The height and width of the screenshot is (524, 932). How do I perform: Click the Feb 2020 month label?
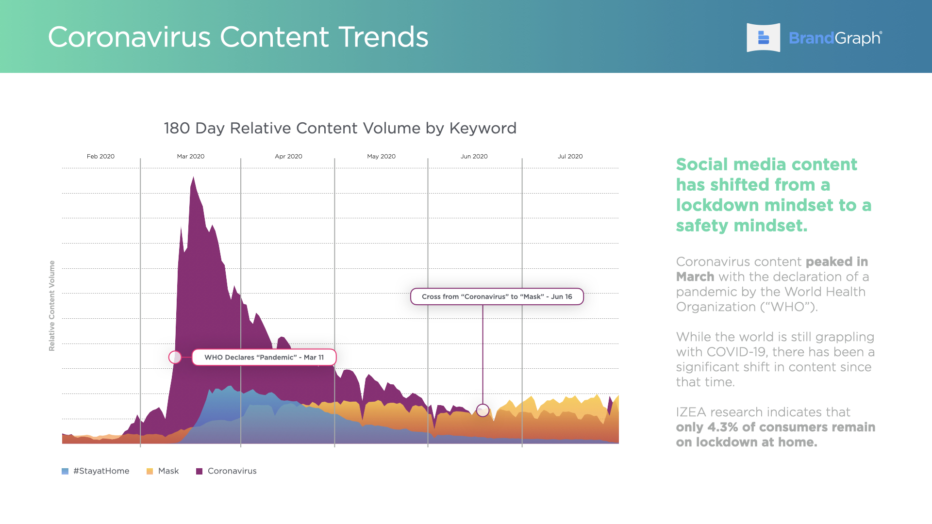coord(100,156)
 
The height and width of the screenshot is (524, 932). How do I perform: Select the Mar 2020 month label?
coord(191,156)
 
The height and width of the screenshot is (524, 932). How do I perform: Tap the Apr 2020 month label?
coord(288,156)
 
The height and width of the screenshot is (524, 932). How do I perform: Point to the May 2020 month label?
coord(381,156)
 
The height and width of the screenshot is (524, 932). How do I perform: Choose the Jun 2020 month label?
coord(474,156)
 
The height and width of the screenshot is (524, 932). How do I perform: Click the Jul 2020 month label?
coord(570,156)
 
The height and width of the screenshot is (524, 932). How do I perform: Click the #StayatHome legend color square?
coord(65,471)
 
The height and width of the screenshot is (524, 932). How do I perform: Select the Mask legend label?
coord(168,471)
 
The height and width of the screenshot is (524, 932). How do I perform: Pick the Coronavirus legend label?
coord(232,471)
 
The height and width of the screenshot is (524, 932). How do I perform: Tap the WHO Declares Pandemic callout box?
coord(264,357)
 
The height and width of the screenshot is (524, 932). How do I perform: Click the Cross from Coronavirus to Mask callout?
coord(497,296)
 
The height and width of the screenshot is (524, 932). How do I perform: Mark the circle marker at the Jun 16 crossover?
coord(483,410)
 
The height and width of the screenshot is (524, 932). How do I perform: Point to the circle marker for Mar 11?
coord(175,357)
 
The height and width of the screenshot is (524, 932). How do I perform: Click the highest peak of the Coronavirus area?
coord(193,177)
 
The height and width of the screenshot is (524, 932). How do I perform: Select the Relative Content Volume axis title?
coord(52,306)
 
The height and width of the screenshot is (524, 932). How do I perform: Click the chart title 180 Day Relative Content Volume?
coord(340,128)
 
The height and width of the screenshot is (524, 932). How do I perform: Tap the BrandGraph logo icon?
coord(763,37)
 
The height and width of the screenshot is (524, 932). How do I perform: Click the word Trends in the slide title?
coord(383,37)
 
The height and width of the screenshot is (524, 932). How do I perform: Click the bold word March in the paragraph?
coord(695,277)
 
